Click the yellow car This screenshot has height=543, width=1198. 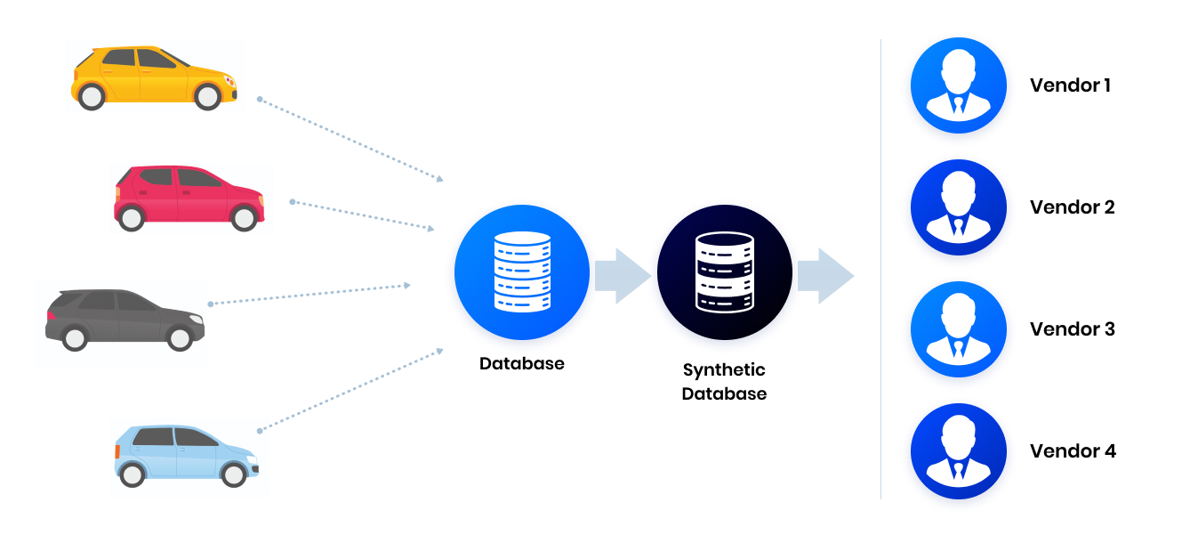153,77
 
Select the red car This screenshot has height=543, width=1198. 188,197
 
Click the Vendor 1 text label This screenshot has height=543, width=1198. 1070,85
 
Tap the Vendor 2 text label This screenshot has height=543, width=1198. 1072,207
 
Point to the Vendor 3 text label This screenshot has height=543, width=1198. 1072,329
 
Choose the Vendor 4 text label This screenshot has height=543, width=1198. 1073,451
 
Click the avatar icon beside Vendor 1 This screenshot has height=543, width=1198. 958,85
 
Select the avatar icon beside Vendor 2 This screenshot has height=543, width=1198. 958,207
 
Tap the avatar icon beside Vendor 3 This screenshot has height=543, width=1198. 958,329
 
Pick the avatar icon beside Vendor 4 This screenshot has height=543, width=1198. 958,451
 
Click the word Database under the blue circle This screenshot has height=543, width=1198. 521,364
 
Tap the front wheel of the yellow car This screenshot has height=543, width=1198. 207,96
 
